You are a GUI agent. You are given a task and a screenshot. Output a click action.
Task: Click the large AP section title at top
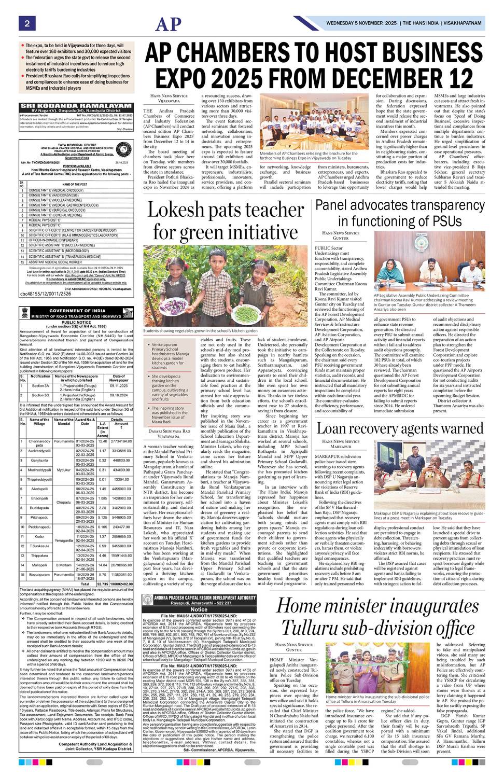coord(170,24)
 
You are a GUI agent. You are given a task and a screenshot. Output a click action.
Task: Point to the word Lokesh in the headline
coord(181,210)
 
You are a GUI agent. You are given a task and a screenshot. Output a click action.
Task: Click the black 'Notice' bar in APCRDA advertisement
coord(199,609)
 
